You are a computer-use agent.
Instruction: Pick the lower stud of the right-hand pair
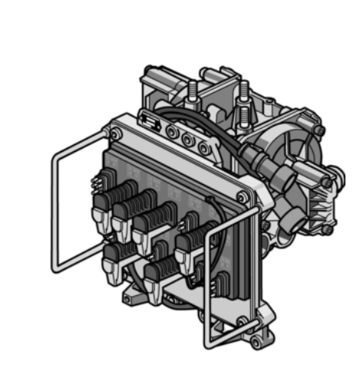tap(245, 115)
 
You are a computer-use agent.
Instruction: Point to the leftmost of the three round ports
tap(171, 133)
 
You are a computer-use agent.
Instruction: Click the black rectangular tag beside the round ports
tap(150, 121)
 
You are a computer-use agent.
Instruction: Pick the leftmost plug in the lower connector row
tap(113, 265)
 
